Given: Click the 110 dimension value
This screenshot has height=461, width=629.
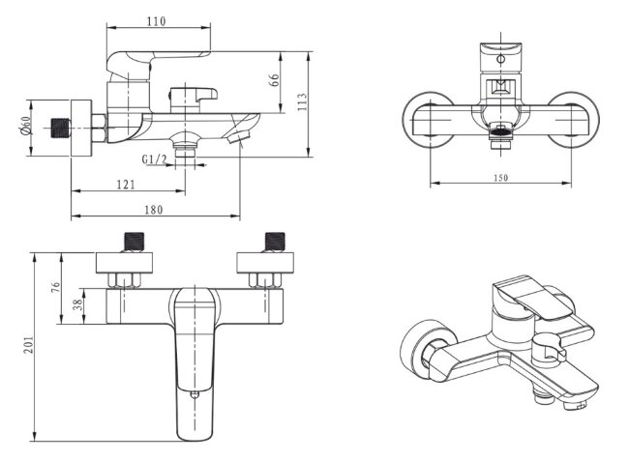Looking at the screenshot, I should tap(156, 20).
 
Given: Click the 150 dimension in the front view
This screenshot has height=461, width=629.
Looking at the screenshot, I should tap(499, 178).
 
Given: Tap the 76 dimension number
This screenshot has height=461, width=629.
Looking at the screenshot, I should tap(55, 287).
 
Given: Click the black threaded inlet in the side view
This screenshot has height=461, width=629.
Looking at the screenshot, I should tap(63, 128).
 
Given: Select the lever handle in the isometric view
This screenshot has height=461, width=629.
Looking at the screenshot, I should tap(526, 303).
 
